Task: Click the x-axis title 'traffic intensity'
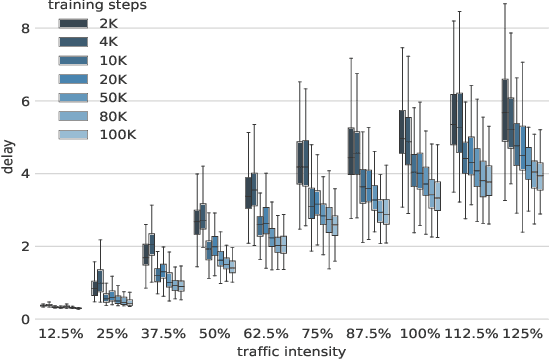click(292, 351)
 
